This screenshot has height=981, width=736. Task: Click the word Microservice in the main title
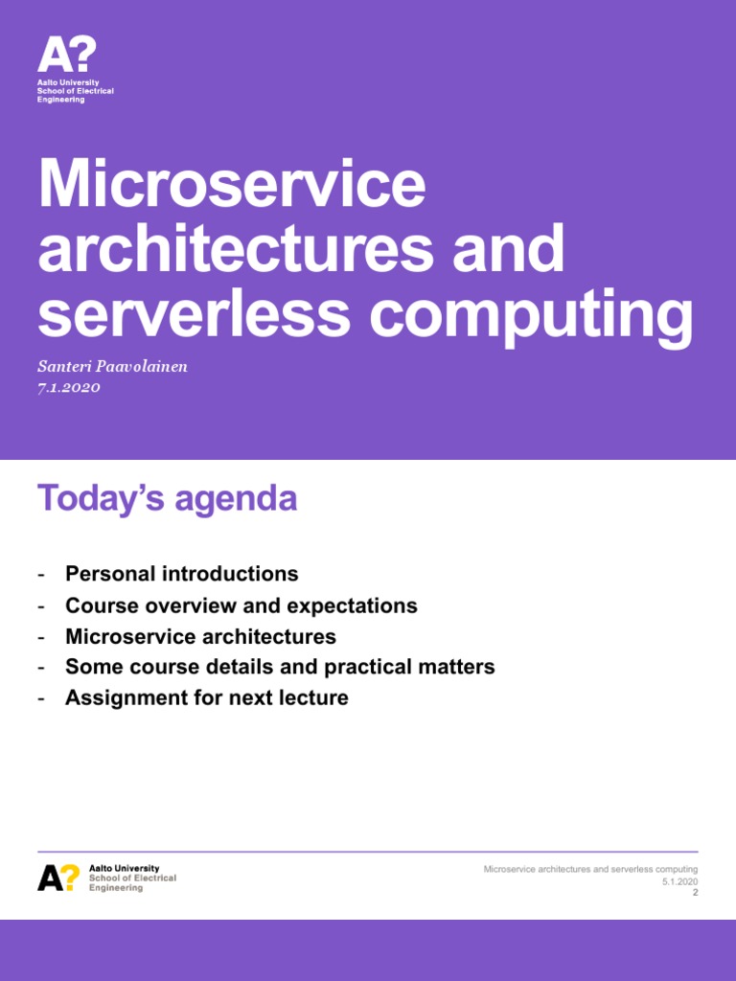coord(231,186)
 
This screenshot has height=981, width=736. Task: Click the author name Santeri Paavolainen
coord(112,367)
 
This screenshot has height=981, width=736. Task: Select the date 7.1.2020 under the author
coord(69,387)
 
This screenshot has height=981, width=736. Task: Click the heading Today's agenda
coord(167,499)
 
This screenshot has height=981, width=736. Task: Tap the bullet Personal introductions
coord(181,574)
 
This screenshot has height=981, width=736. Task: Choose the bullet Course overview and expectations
coord(241,605)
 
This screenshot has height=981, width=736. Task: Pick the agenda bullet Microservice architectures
coord(200,636)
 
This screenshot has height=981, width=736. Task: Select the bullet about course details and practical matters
coord(280,667)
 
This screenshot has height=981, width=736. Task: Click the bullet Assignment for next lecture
coord(206,697)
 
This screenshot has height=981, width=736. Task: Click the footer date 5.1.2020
coord(679,881)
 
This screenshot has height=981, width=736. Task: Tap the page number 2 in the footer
coord(695,892)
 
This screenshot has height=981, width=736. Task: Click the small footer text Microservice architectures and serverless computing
coord(590,869)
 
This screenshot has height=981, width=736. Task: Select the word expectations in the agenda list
coord(357,605)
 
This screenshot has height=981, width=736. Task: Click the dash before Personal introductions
coord(41,575)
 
